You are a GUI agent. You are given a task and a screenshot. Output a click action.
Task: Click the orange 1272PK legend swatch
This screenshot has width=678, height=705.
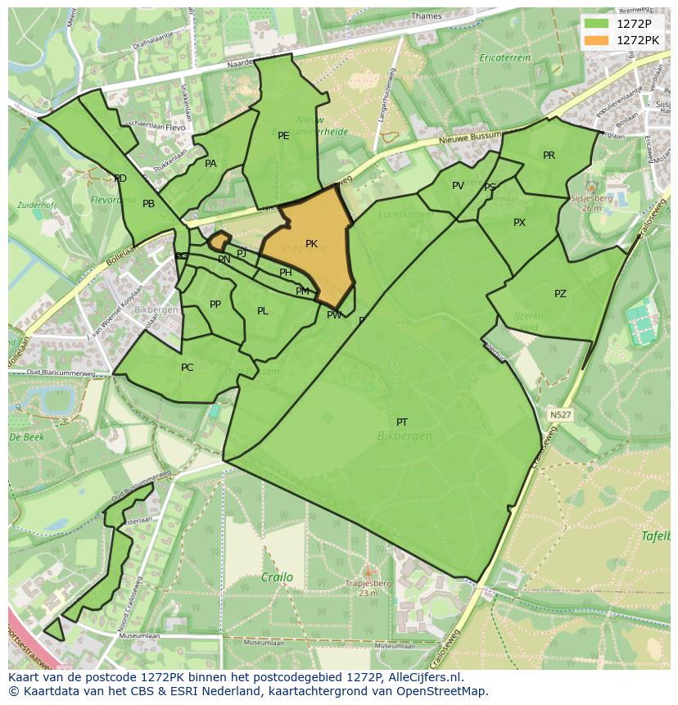pos(597,39)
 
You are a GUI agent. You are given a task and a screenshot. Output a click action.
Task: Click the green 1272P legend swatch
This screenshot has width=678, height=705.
pos(597,24)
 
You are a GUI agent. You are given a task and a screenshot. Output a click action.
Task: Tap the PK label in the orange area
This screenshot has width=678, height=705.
pos(311,244)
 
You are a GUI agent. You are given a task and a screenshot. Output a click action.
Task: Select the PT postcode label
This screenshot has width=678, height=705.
pos(402,423)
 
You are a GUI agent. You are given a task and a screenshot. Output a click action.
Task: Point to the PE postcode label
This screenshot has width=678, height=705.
pos(283,136)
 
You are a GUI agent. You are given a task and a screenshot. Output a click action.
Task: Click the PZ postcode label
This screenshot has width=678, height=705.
pos(560,294)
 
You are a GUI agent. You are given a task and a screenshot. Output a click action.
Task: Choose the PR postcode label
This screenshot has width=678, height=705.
pos(549,156)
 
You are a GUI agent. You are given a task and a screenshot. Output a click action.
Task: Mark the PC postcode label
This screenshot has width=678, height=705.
pos(187,368)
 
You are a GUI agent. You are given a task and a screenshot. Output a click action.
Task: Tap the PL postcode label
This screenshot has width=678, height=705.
pos(263,311)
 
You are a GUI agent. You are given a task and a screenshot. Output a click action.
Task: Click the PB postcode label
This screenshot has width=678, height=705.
pos(148,204)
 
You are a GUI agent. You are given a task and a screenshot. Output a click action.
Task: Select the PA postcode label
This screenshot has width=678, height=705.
pos(210,164)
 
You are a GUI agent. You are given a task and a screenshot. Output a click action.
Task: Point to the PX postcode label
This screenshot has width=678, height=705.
pos(519,223)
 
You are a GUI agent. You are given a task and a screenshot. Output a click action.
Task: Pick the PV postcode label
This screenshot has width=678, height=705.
pos(458,186)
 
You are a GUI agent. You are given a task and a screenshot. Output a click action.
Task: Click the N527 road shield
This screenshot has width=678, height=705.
pos(560,416)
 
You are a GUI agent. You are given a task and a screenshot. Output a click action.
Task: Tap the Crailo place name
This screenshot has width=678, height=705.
pos(277,577)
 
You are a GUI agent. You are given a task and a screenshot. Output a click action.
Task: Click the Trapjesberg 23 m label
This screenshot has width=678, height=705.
pos(368,588)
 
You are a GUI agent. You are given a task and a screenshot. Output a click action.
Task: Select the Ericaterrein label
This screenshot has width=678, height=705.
pos(505,58)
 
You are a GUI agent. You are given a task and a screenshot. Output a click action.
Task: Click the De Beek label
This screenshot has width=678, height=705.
pos(26,438)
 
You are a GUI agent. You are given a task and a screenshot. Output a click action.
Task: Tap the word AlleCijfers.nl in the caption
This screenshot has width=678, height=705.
pos(423,678)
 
